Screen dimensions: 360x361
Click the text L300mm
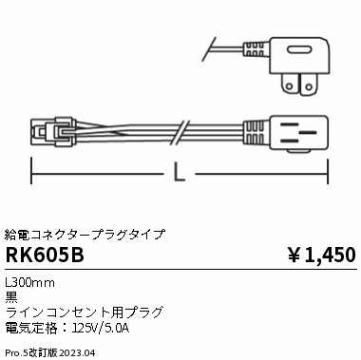tap(30, 282)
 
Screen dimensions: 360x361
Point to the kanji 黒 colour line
tap(11, 296)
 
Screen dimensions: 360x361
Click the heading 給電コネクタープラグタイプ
tap(85, 233)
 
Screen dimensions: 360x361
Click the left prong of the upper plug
tap(283, 83)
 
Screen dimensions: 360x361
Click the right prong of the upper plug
tap(307, 83)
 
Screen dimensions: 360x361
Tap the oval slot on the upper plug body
tap(297, 50)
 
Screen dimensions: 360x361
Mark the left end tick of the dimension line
tap(32, 174)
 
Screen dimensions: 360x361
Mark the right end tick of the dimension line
tap(328, 174)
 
